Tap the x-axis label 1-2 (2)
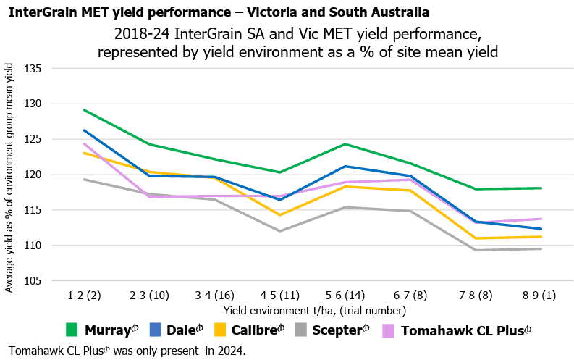point(84,296)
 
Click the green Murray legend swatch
point(72,330)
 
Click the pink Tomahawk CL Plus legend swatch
point(388,330)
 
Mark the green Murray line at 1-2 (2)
point(85,110)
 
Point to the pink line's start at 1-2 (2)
point(85,143)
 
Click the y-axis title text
point(9,177)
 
